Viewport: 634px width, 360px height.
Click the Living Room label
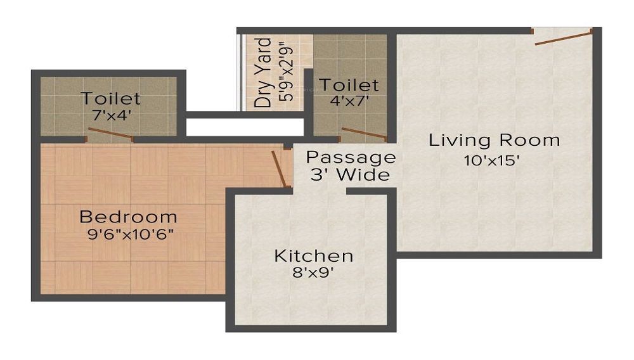tap(494, 140)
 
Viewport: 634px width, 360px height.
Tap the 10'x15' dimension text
tap(492, 160)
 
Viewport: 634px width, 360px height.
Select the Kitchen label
tap(313, 256)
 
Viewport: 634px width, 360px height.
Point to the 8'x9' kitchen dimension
tap(313, 274)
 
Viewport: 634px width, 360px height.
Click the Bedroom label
tap(128, 217)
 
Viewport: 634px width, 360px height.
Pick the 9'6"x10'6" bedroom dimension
tap(131, 234)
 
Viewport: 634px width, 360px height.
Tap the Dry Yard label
tap(263, 72)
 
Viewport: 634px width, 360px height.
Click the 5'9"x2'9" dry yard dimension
tap(283, 72)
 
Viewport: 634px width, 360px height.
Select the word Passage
tap(351, 157)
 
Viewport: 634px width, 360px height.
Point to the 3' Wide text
tap(350, 175)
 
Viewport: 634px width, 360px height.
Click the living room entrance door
tap(563, 37)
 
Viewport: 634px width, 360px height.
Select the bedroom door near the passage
tap(278, 168)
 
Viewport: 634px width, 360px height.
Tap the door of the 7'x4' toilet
tap(110, 134)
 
